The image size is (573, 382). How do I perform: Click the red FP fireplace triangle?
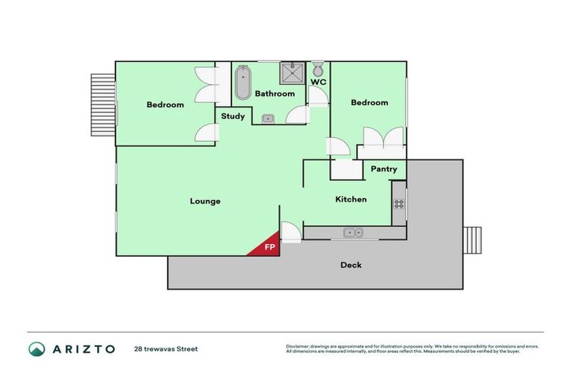coord(267,247)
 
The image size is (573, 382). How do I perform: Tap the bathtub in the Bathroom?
coord(243,83)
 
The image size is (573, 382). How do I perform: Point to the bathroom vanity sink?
coord(268,118)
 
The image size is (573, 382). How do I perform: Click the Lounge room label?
coord(204,201)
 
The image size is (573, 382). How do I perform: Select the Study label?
coord(233,116)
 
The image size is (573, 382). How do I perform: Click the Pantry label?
coord(383,169)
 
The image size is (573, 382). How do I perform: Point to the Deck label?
coord(351,265)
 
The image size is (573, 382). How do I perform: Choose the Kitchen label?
coord(351,199)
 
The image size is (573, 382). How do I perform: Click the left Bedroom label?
coord(165,104)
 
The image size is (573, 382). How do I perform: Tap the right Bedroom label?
coord(369,102)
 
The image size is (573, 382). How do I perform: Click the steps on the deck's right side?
coord(474,240)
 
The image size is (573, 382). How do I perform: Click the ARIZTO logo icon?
coord(37,348)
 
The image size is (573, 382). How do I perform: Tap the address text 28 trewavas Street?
coord(166,348)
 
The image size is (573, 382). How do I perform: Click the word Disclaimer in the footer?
coord(298,346)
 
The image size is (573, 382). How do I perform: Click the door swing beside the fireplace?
coord(291,233)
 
